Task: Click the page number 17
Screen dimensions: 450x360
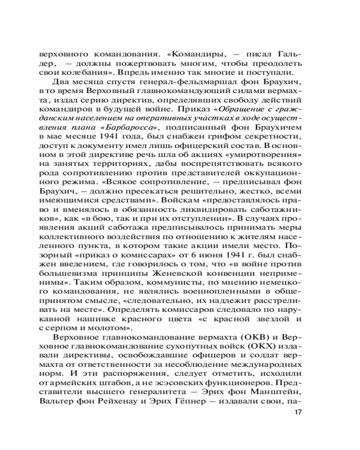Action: (x=298, y=412)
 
